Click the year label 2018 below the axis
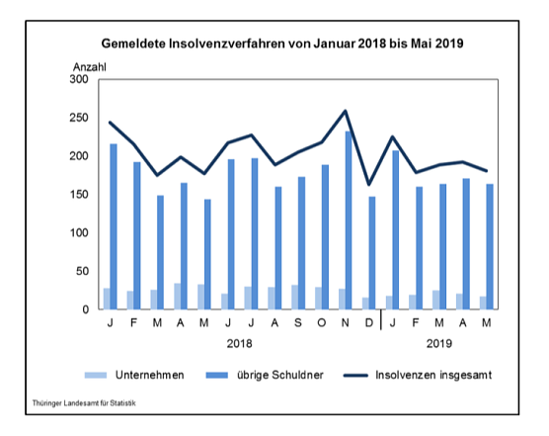tap(239, 345)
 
